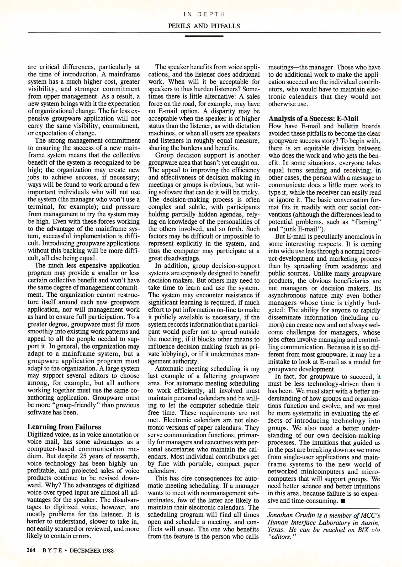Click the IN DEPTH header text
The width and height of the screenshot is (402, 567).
tap(204, 14)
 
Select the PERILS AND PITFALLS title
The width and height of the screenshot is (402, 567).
tap(204, 26)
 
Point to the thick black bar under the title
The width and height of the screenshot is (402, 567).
tap(204, 36)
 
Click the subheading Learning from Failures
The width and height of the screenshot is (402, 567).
tap(64, 427)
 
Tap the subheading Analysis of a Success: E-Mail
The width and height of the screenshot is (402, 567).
tap(313, 119)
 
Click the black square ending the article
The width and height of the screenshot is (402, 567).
tap(342, 501)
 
